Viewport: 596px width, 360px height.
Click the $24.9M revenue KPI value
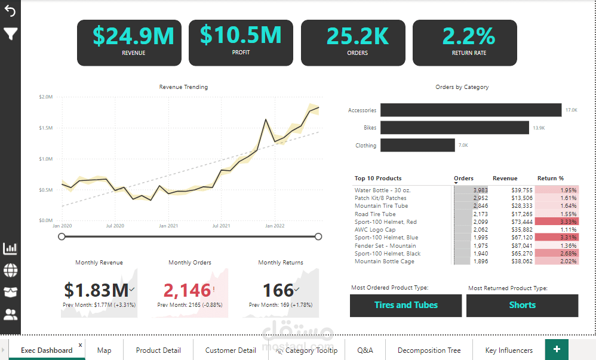click(x=133, y=36)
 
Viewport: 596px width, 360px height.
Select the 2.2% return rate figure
click(x=469, y=36)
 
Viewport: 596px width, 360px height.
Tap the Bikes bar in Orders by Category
click(x=454, y=128)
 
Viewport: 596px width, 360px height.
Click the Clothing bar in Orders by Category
click(x=417, y=145)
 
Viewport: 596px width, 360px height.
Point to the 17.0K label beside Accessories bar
click(x=572, y=110)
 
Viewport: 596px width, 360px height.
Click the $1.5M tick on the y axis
click(x=45, y=128)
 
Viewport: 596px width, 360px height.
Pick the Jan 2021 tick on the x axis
click(x=168, y=226)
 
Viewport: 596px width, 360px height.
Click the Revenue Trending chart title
click(x=183, y=87)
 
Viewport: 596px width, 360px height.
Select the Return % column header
click(x=551, y=178)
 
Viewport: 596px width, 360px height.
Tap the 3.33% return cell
click(x=557, y=221)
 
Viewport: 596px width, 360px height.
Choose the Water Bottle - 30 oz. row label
click(x=382, y=190)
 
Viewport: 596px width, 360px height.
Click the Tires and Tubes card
click(x=405, y=305)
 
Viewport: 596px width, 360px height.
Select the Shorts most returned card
click(x=522, y=305)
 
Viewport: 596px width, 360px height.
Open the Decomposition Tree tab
click(x=429, y=350)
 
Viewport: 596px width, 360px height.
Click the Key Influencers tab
click(x=509, y=350)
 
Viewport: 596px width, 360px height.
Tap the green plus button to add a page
click(x=557, y=349)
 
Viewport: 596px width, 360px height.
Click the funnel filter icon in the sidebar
click(x=10, y=33)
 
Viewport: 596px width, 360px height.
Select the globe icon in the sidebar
click(x=10, y=270)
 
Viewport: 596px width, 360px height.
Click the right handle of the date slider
click(x=318, y=237)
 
